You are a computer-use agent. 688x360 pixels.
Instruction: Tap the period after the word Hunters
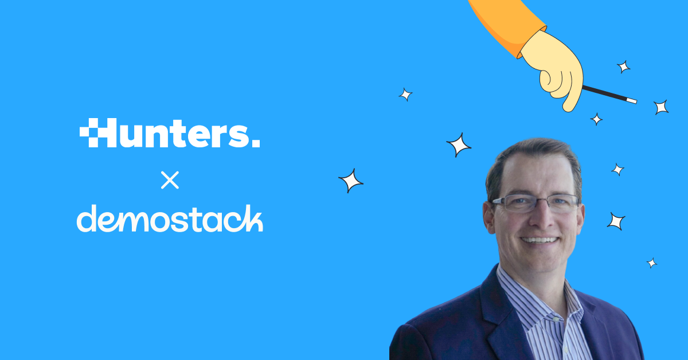pyautogui.click(x=256, y=143)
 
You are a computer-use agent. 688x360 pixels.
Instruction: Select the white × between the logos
pyautogui.click(x=170, y=180)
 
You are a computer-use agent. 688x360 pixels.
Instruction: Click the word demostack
pyautogui.click(x=170, y=218)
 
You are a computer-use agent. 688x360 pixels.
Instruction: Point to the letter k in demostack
pyautogui.click(x=252, y=218)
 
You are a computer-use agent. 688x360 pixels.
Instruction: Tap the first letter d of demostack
pyautogui.click(x=87, y=218)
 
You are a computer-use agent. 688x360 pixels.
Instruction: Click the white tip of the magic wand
pyautogui.click(x=631, y=100)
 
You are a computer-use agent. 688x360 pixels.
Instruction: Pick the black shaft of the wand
pyautogui.click(x=604, y=93)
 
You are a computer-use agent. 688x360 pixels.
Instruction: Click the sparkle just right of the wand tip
pyautogui.click(x=660, y=107)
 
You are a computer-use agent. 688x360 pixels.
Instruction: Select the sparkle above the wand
pyautogui.click(x=624, y=66)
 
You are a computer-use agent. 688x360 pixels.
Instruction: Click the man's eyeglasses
pyautogui.click(x=535, y=204)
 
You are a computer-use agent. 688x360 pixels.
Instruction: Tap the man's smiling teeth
pyautogui.click(x=540, y=240)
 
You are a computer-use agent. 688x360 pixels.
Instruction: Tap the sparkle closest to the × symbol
pyautogui.click(x=351, y=181)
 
